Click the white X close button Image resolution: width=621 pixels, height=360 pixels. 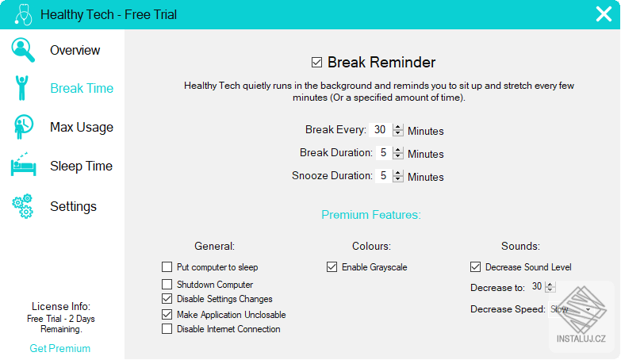[604, 14]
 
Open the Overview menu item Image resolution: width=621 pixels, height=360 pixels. [75, 50]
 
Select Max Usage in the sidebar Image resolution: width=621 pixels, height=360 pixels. [81, 127]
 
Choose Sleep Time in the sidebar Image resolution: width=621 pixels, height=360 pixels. [81, 166]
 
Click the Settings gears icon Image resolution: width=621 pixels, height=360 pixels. [22, 206]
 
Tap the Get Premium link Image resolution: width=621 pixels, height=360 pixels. [60, 348]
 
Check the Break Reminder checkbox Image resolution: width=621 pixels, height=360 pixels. [317, 63]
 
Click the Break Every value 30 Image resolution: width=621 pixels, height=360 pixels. [380, 130]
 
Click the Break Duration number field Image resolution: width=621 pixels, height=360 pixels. [383, 153]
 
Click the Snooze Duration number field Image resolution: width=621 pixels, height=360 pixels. [383, 176]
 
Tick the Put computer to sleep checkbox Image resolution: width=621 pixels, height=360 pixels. [167, 267]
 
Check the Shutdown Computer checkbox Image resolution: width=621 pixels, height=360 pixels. [167, 284]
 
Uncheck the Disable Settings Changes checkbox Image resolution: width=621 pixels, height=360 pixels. [167, 299]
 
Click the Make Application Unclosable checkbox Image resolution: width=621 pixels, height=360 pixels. [167, 314]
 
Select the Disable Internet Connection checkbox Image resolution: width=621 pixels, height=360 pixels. [167, 329]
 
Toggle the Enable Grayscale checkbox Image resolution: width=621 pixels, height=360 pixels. [332, 267]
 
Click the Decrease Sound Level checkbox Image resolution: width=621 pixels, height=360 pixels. [475, 267]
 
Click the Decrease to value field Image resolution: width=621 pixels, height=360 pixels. [537, 286]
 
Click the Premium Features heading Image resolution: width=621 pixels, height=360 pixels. [370, 215]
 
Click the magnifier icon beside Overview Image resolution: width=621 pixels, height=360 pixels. [23, 49]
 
